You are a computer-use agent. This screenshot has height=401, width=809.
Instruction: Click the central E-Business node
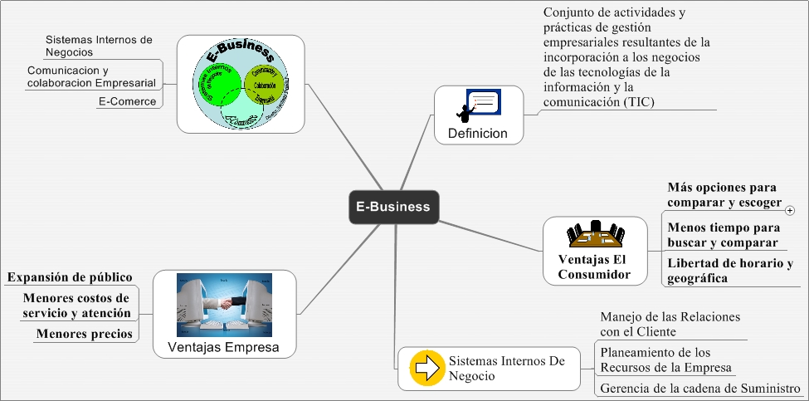point(392,207)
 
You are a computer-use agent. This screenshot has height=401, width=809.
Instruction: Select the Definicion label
point(477,133)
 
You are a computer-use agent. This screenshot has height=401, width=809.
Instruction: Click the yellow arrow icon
point(426,369)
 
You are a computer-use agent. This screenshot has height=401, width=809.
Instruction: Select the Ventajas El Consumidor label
point(594,267)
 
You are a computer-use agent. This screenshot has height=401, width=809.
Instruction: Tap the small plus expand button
point(789,211)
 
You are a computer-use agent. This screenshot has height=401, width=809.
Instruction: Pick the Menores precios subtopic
point(83,334)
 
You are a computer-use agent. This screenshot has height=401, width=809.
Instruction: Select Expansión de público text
point(70,276)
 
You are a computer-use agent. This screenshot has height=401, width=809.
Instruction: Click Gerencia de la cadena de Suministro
point(699,389)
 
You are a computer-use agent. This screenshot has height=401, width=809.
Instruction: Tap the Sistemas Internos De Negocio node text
point(506,369)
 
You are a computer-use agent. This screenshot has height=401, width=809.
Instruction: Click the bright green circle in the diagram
point(220,84)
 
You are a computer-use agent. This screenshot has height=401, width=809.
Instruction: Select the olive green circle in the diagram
point(266,84)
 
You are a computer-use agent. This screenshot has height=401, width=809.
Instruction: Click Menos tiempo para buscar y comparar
point(724,235)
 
